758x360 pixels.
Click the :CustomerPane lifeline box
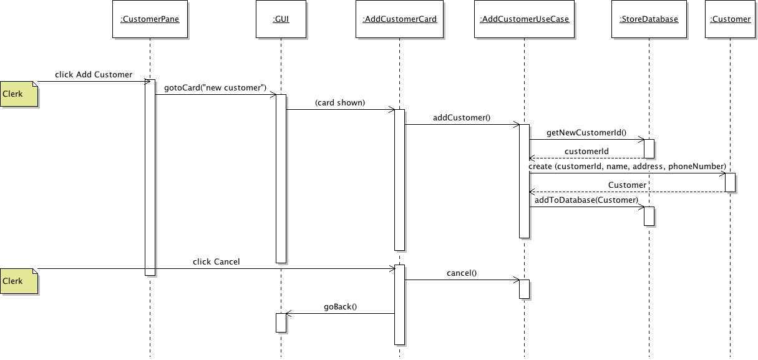point(150,19)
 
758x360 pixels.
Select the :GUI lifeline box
point(281,19)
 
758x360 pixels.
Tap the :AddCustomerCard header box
point(399,19)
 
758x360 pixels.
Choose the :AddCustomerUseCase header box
point(524,19)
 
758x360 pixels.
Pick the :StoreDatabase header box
point(649,19)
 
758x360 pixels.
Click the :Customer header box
point(731,19)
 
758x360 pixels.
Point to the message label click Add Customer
point(94,74)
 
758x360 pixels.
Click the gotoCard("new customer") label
point(215,88)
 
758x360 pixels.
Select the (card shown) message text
point(340,103)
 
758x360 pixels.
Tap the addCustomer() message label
point(462,118)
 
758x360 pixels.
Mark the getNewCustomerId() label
point(586,133)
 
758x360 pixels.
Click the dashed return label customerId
point(586,151)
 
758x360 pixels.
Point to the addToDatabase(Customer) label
point(586,200)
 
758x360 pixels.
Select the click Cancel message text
point(216,261)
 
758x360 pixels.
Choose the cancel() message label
point(462,273)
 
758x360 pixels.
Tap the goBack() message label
point(340,306)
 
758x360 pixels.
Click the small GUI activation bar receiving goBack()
point(281,323)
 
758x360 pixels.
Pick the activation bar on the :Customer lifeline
point(731,182)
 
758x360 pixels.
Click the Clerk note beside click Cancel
point(19,281)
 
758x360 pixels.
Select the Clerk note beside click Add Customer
point(19,94)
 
